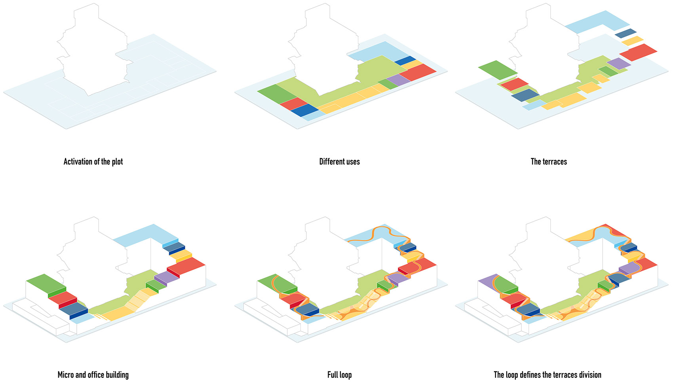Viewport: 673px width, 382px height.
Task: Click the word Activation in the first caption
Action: point(78,162)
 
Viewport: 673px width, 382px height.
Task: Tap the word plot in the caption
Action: point(117,162)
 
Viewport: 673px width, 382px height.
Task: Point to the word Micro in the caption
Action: point(65,375)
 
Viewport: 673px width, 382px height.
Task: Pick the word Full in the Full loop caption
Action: point(333,375)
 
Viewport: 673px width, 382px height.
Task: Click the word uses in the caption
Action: point(353,162)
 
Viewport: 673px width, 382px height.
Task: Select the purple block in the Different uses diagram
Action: point(398,79)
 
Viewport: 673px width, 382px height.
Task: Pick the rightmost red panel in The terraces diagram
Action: point(638,52)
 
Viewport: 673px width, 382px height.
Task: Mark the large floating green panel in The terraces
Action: point(497,70)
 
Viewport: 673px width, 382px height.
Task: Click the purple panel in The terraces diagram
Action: point(618,63)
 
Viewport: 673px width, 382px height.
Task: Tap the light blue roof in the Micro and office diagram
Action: point(139,236)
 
